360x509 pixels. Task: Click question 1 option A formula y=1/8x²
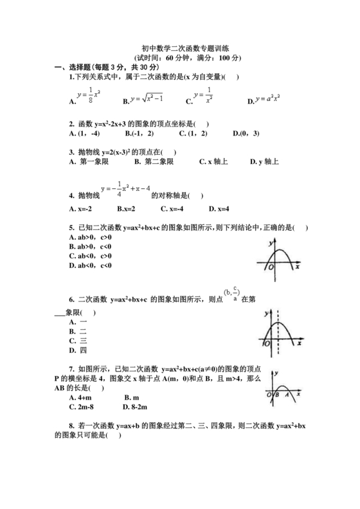pyautogui.click(x=87, y=96)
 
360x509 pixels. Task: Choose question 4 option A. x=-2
pyautogui.click(x=82, y=209)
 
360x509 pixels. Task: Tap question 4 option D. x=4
pyautogui.click(x=219, y=209)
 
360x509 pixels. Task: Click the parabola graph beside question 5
pyautogui.click(x=278, y=260)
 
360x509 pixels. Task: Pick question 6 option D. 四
pyautogui.click(x=78, y=351)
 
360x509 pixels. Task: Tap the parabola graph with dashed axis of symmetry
pyautogui.click(x=279, y=331)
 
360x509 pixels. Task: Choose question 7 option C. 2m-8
pyautogui.click(x=84, y=407)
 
